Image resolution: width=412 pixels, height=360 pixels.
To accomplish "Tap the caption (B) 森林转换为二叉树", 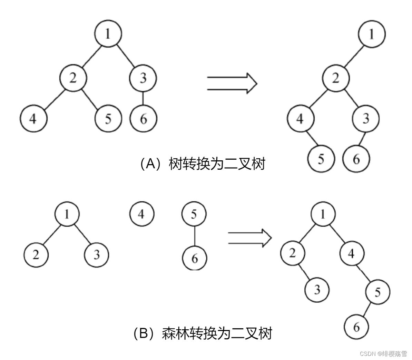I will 203,333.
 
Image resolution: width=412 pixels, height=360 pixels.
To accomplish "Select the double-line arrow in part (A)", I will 232,83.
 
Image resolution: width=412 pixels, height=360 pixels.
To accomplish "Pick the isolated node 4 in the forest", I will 141,214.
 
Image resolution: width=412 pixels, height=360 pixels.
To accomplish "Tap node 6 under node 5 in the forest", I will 195,258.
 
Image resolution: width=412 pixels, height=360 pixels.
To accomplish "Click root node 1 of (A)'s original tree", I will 108,33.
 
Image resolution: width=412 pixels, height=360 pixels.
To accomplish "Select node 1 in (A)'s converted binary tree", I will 372,34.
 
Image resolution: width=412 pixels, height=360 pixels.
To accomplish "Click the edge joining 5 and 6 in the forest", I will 194,236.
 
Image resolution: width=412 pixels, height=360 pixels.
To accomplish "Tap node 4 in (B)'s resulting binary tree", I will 351,253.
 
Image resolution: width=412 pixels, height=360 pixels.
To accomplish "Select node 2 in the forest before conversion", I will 36,254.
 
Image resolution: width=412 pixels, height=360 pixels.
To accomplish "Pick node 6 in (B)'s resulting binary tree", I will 356,327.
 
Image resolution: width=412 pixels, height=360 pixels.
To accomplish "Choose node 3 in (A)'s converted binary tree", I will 366,119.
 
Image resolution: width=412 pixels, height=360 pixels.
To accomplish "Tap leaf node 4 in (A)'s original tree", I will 33,119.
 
